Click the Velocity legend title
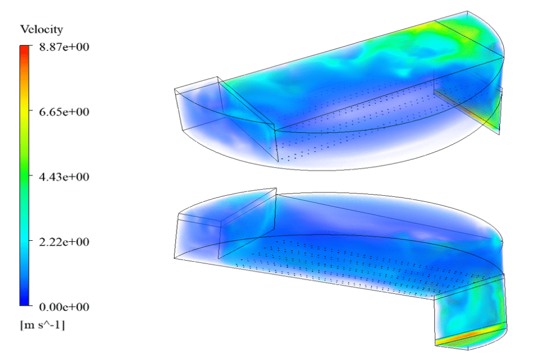point(41,29)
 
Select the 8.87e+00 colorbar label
point(64,47)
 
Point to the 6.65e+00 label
point(64,112)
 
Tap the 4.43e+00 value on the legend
point(64,176)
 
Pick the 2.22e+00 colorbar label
point(64,242)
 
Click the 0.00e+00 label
point(64,307)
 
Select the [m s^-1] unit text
point(42,325)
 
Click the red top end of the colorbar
point(25,49)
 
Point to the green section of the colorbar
point(25,176)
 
